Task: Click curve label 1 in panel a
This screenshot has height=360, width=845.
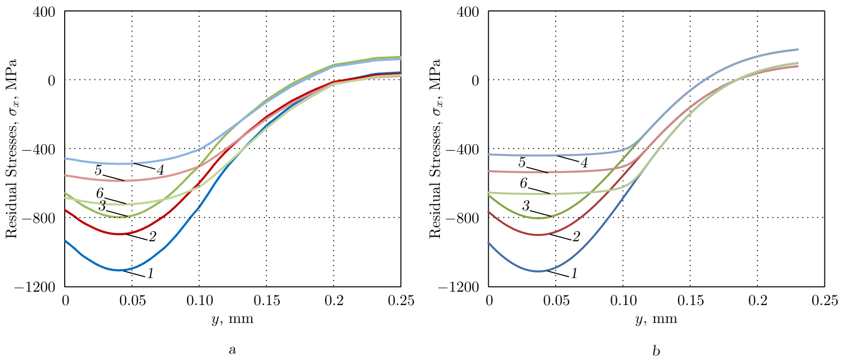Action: [150, 274]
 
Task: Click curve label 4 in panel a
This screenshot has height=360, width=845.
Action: [160, 170]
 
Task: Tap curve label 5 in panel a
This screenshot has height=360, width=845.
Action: [98, 170]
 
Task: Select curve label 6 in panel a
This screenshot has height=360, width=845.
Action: [100, 194]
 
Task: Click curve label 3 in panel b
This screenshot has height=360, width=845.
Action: [526, 206]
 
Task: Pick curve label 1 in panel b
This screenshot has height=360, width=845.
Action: [573, 274]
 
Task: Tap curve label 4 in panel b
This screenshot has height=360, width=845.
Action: [583, 163]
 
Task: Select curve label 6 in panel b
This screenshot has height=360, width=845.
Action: [523, 183]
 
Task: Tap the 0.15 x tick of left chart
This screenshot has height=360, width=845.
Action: [266, 301]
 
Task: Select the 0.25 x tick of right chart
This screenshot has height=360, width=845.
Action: [824, 301]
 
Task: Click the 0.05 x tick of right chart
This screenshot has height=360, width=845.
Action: [556, 301]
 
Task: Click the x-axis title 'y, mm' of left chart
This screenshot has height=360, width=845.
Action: [232, 319]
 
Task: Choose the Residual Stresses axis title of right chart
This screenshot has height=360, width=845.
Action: [435, 148]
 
